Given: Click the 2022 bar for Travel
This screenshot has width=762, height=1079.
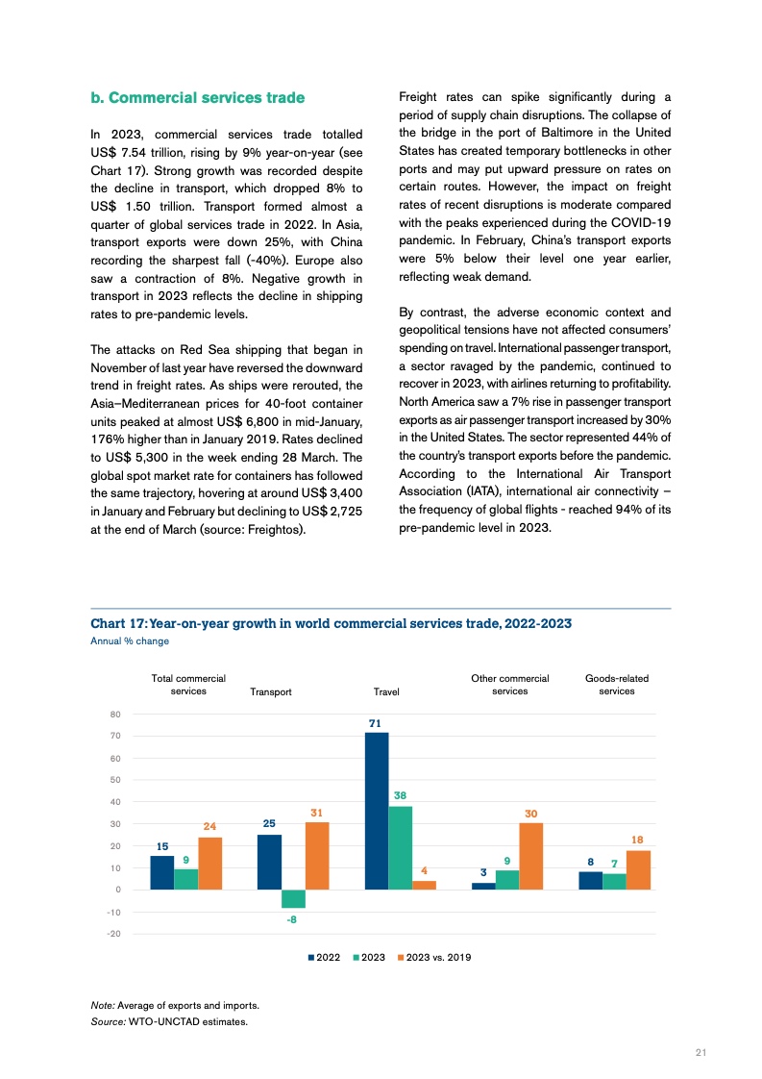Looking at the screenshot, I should (x=377, y=811).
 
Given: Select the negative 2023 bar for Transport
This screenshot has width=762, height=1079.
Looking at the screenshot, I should (x=293, y=898).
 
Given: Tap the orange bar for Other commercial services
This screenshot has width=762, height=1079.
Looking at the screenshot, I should (x=531, y=856).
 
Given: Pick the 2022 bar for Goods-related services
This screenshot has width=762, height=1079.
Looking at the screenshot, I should (x=591, y=880).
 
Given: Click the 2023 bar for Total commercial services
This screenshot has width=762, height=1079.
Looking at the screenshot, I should (x=185, y=879).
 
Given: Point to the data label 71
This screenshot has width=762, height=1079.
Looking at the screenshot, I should (x=376, y=721).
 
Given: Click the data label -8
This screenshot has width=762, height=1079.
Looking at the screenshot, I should (x=292, y=919).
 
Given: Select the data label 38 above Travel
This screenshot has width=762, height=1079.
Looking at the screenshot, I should (x=400, y=795).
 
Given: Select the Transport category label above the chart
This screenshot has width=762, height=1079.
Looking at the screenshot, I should (x=270, y=691).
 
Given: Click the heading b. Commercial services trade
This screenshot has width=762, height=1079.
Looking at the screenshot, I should (x=197, y=98).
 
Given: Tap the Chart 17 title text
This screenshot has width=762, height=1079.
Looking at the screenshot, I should (x=331, y=623).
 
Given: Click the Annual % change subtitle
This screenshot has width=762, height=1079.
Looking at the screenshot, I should (x=130, y=640).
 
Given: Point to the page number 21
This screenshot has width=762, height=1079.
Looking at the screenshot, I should (x=701, y=1052).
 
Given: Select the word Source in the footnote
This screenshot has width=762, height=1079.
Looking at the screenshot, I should (x=107, y=1021).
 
